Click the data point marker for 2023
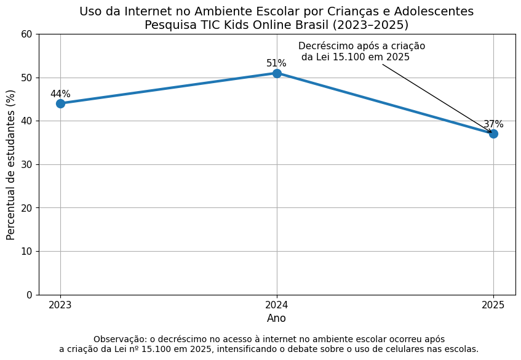pyautogui.click(x=60, y=104)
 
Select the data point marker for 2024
pyautogui.click(x=277, y=73)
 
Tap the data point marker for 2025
pyautogui.click(x=494, y=134)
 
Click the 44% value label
pyautogui.click(x=60, y=94)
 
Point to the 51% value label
pyautogui.click(x=276, y=63)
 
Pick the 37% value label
pyautogui.click(x=493, y=124)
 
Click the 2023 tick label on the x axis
pyautogui.click(x=60, y=305)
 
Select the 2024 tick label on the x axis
pyautogui.click(x=277, y=305)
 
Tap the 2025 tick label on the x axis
pyautogui.click(x=493, y=305)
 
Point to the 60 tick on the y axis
pyautogui.click(x=26, y=34)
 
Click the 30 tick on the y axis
pyautogui.click(x=26, y=164)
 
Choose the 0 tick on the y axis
pyautogui.click(x=30, y=295)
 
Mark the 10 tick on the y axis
pyautogui.click(x=26, y=251)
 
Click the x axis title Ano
pyautogui.click(x=276, y=318)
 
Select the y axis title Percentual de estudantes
pyautogui.click(x=10, y=165)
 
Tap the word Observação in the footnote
pyautogui.click(x=121, y=340)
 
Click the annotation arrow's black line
pyautogui.click(x=437, y=98)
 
